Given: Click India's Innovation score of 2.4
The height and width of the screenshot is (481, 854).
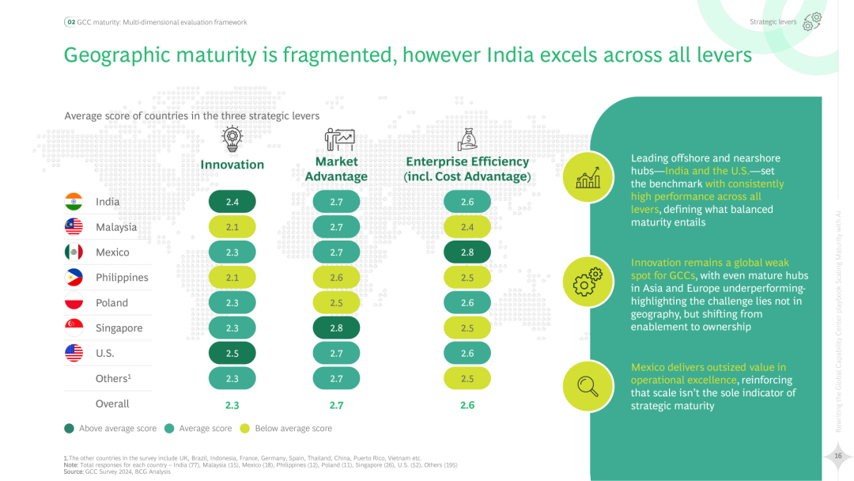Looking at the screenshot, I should pyautogui.click(x=232, y=202).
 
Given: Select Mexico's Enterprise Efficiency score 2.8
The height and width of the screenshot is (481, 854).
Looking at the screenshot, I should pyautogui.click(x=467, y=252).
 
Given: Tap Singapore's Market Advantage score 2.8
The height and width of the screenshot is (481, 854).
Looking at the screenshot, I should pyautogui.click(x=336, y=328).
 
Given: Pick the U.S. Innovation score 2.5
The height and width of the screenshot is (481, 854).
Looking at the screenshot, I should pyautogui.click(x=232, y=354).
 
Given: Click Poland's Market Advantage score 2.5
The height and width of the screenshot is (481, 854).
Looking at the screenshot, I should pyautogui.click(x=336, y=303).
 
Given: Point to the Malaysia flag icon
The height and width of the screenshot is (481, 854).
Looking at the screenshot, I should pyautogui.click(x=74, y=227).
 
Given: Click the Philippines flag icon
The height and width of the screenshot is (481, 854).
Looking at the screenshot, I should pyautogui.click(x=74, y=278).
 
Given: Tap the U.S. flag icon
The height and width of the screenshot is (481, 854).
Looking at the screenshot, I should pyautogui.click(x=74, y=354).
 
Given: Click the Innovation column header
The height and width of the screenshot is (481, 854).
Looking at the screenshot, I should pyautogui.click(x=232, y=165).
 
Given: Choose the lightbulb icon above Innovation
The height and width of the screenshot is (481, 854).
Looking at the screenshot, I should pyautogui.click(x=232, y=138).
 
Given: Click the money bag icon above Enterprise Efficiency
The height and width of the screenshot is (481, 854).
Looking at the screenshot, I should pyautogui.click(x=467, y=138).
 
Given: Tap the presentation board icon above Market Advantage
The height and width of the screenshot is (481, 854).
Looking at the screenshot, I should pyautogui.click(x=339, y=139).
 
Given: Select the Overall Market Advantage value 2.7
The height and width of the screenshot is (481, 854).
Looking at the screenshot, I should pyautogui.click(x=336, y=405).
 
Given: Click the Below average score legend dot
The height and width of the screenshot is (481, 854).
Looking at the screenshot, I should pyautogui.click(x=245, y=428).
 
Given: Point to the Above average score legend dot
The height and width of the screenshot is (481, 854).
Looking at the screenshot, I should pyautogui.click(x=69, y=428).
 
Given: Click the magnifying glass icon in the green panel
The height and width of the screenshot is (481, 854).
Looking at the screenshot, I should pyautogui.click(x=588, y=385).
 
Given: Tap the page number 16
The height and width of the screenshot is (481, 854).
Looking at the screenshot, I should pyautogui.click(x=837, y=455).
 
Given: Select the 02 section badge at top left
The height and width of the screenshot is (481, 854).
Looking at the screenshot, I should pyautogui.click(x=70, y=22).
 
